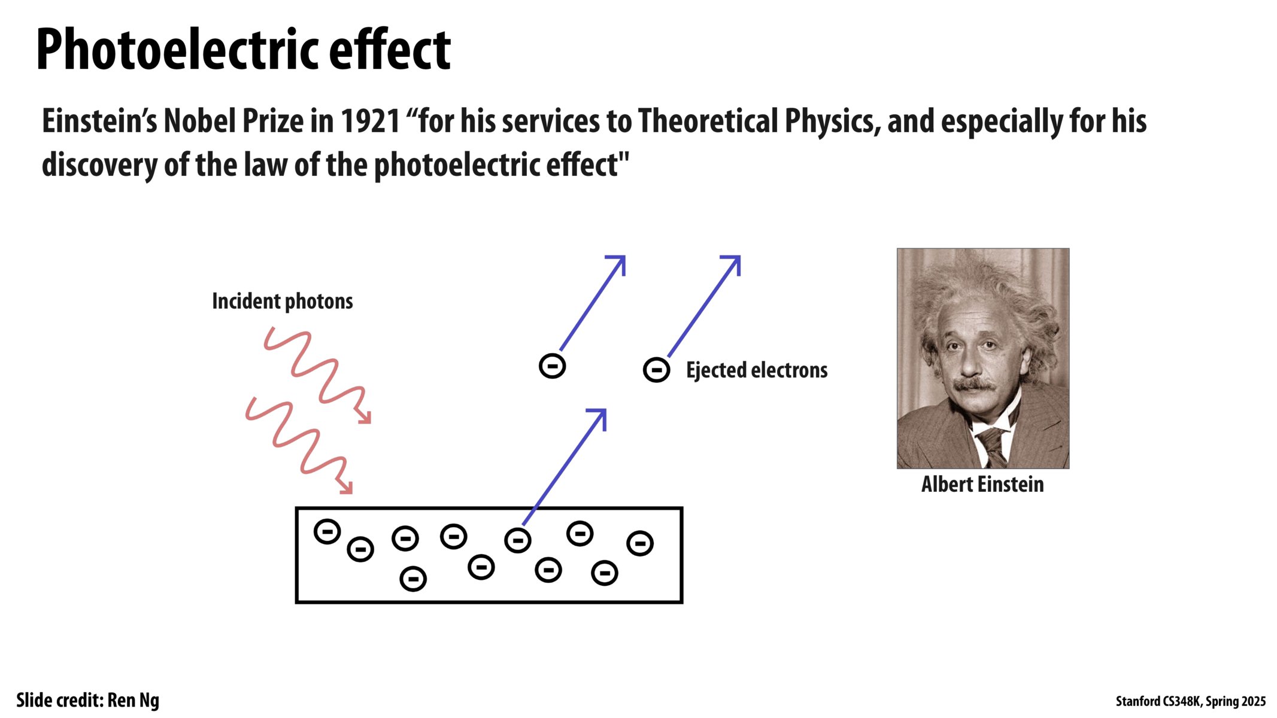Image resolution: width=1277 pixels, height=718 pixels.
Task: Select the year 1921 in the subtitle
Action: click(370, 121)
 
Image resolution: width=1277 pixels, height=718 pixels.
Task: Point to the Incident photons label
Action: click(283, 301)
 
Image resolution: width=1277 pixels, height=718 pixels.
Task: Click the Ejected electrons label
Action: click(757, 370)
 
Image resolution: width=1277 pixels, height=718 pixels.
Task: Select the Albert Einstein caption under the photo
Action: click(982, 484)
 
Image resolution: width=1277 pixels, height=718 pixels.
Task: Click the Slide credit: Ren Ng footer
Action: click(88, 700)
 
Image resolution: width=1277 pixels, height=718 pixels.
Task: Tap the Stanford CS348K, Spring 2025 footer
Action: click(1191, 701)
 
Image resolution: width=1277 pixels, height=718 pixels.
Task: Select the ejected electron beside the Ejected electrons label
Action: click(656, 370)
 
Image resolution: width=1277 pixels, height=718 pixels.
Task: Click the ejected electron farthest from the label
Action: click(552, 366)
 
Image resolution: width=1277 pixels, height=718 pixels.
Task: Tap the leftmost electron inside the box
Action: click(327, 531)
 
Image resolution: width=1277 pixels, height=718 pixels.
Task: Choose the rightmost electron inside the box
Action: click(640, 543)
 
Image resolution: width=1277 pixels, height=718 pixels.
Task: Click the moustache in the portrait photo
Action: click(975, 385)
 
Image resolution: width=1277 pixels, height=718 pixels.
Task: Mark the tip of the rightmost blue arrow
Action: click(740, 256)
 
